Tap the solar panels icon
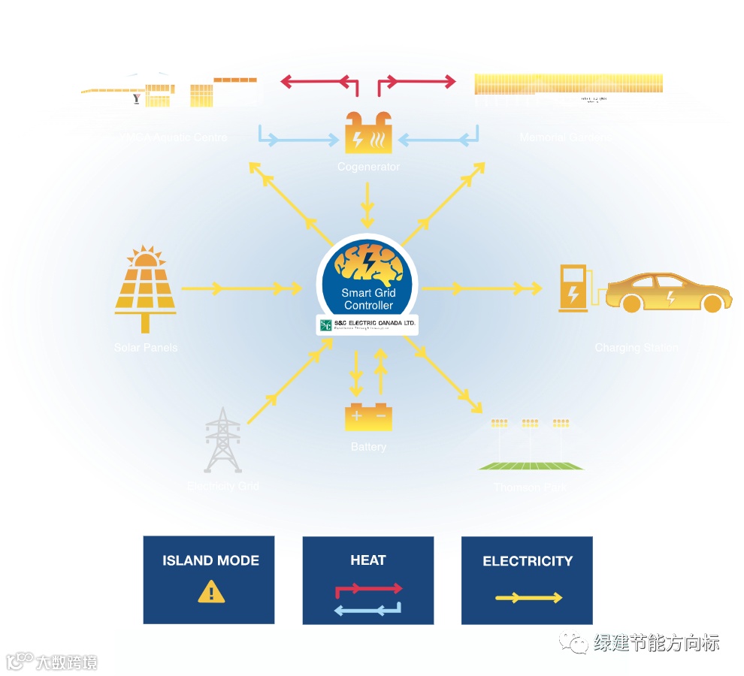coord(146,289)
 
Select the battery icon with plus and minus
coord(367,417)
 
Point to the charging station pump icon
coord(573,288)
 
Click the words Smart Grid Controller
coord(367,299)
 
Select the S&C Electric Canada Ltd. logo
coord(367,324)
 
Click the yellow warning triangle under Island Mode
coord(211,592)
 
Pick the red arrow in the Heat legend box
coord(368,589)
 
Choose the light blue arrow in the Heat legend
coord(367,610)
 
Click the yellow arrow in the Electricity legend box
coord(528,598)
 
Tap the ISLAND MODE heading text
coord(210,560)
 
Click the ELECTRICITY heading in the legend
coord(528,561)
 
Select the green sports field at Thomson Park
coord(531,465)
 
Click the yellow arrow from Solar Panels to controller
coord(240,288)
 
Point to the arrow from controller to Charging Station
coord(481,288)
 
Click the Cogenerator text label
coord(368,167)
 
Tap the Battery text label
coord(368,447)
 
